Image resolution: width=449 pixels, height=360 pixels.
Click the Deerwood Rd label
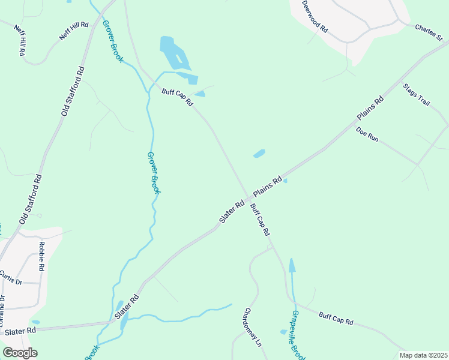(315, 16)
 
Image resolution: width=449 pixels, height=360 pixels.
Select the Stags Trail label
(417, 95)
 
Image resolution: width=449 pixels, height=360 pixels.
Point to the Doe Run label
(367, 134)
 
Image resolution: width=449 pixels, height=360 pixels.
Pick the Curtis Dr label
(10, 277)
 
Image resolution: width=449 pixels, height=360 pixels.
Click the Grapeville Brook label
(297, 336)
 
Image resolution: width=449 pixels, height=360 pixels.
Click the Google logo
(19, 353)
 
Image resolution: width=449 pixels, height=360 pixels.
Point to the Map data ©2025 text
(423, 355)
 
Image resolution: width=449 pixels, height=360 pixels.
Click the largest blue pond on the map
(173, 54)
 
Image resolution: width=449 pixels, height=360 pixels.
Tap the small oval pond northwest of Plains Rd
(259, 154)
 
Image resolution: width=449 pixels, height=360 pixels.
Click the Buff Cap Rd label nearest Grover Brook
(177, 97)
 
